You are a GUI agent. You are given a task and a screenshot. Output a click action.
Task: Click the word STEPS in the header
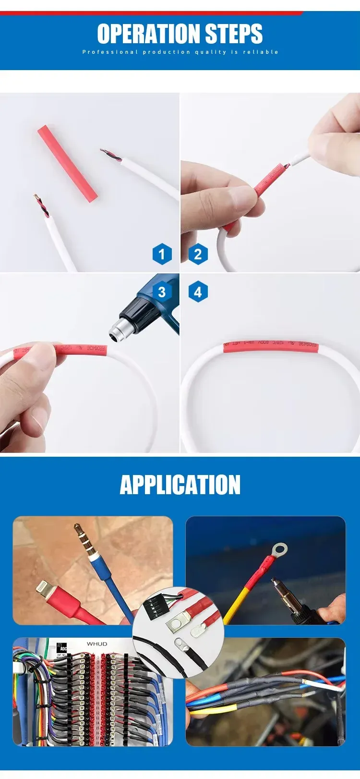tap(234, 34)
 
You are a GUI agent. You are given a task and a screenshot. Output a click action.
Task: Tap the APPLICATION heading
tap(180, 485)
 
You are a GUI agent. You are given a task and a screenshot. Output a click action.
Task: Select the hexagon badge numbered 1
tap(162, 254)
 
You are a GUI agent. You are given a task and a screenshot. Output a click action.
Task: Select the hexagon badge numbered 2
tap(198, 254)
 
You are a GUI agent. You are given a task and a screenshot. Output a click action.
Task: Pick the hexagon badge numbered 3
tap(162, 292)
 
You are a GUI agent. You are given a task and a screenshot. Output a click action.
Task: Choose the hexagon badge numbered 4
tap(198, 292)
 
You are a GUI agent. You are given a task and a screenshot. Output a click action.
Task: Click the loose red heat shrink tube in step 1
tap(67, 163)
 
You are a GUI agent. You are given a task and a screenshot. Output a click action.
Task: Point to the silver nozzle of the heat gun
tap(116, 329)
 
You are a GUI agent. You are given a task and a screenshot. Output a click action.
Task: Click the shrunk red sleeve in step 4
tap(270, 346)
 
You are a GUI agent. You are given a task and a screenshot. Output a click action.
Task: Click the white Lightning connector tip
tap(44, 587)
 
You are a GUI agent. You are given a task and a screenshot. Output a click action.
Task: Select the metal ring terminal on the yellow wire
tap(279, 548)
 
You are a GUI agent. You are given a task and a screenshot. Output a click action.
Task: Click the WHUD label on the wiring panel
tap(97, 644)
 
